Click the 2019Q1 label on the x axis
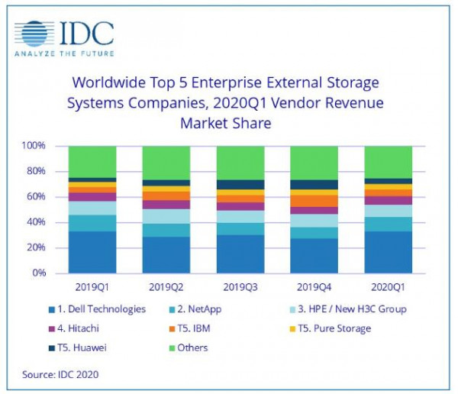[x=92, y=289]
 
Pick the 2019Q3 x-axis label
[x=240, y=289]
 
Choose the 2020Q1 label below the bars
[x=389, y=289]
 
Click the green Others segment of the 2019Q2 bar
[x=166, y=162]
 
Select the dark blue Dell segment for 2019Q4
[x=314, y=256]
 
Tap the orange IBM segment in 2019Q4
[x=314, y=201]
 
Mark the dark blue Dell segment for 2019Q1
[x=92, y=252]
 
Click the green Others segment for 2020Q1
[x=389, y=161]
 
